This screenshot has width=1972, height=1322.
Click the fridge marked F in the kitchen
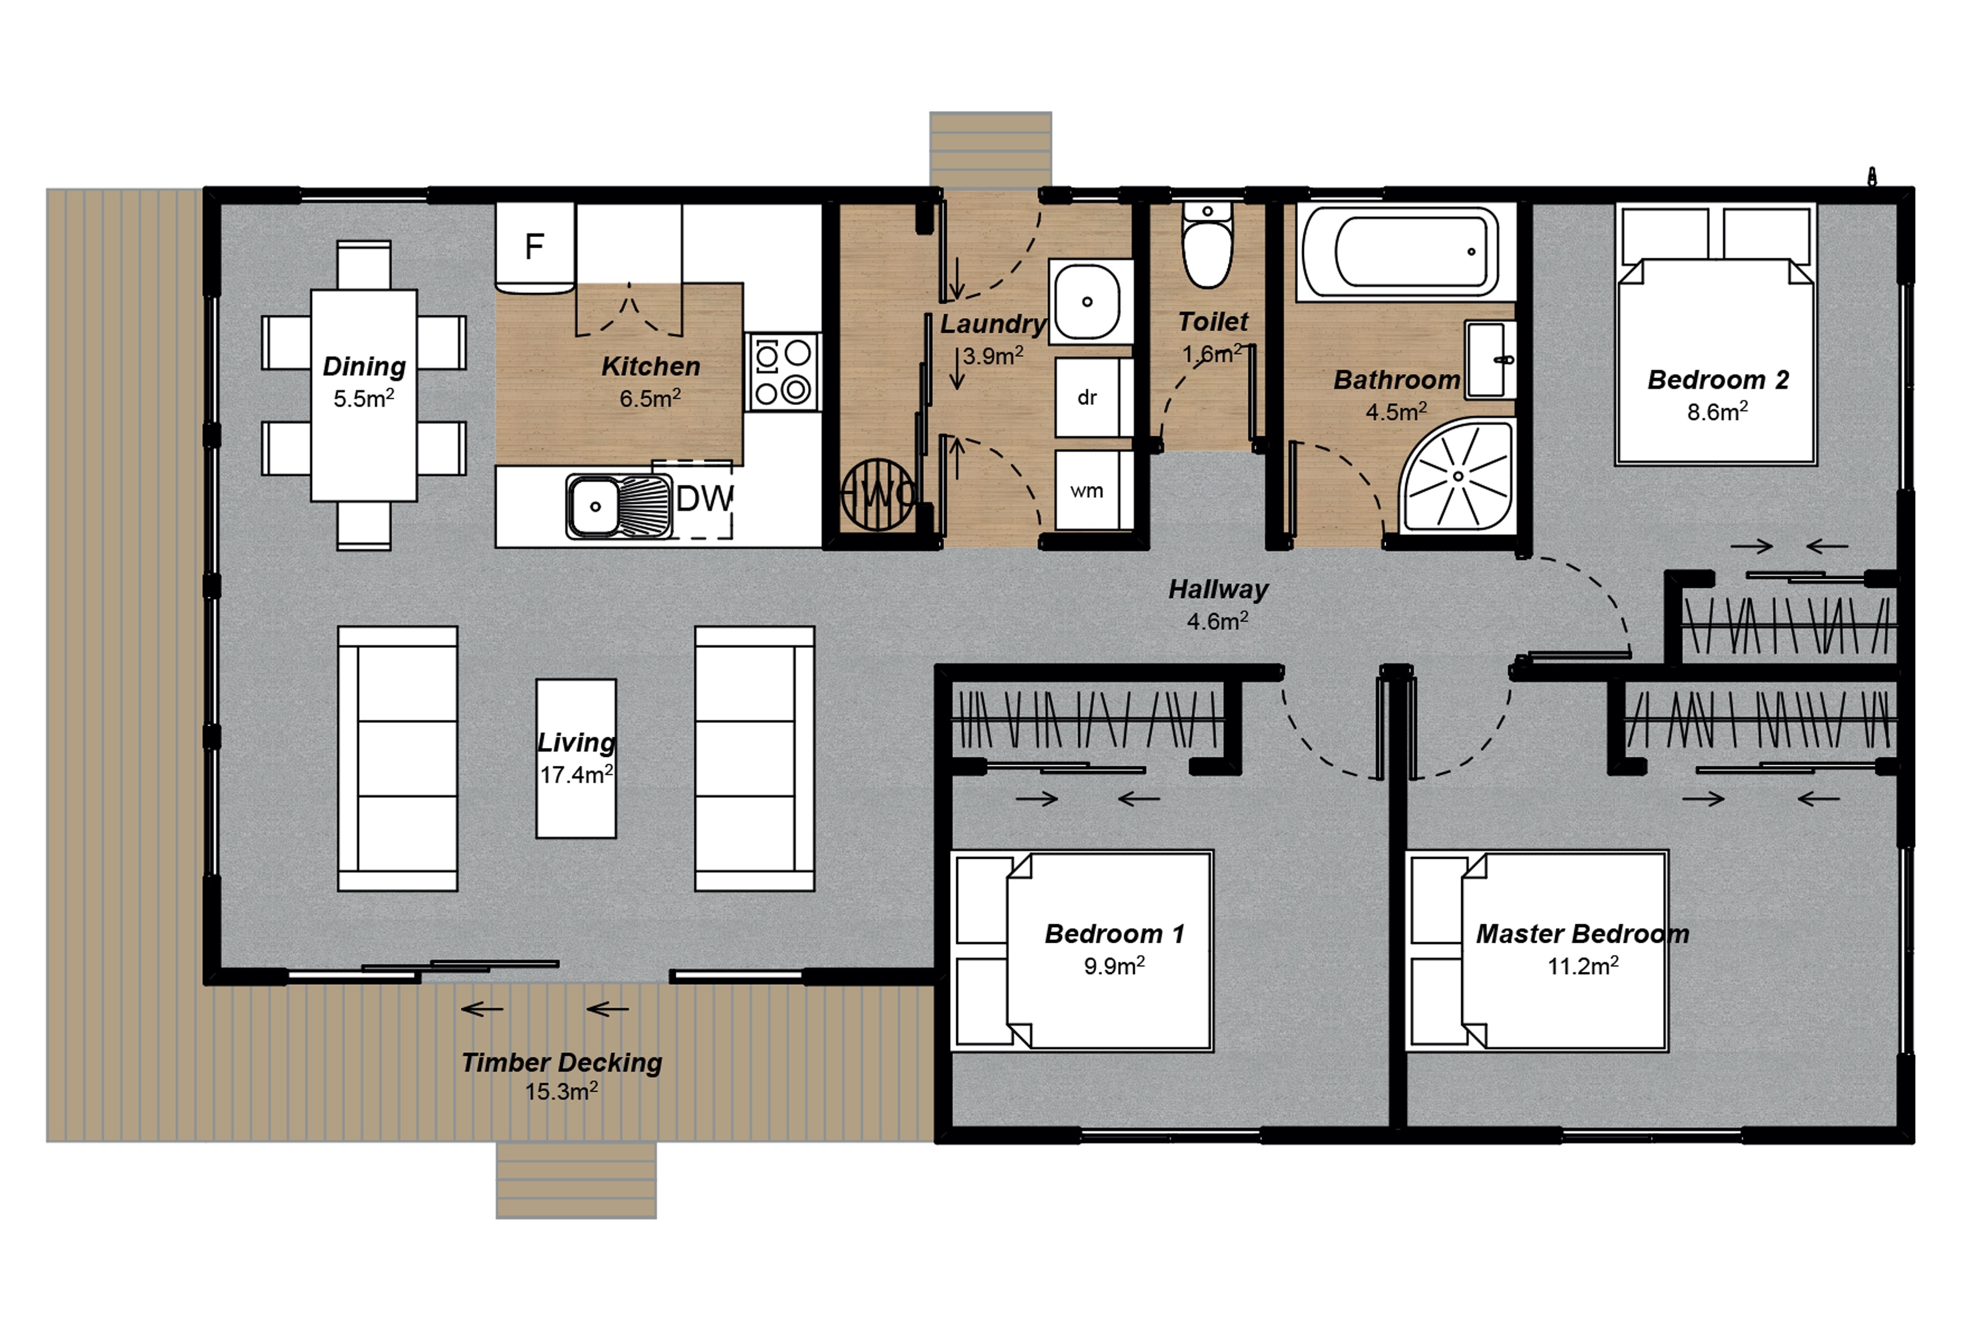point(534,246)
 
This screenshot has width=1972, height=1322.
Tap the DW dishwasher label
point(704,499)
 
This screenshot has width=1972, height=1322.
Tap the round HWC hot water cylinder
point(877,494)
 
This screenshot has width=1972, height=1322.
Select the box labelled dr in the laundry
point(1087,397)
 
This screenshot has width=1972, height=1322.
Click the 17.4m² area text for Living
point(576,774)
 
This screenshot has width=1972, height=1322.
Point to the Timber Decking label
point(561,1062)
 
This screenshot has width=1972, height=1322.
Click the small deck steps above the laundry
point(990,148)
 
